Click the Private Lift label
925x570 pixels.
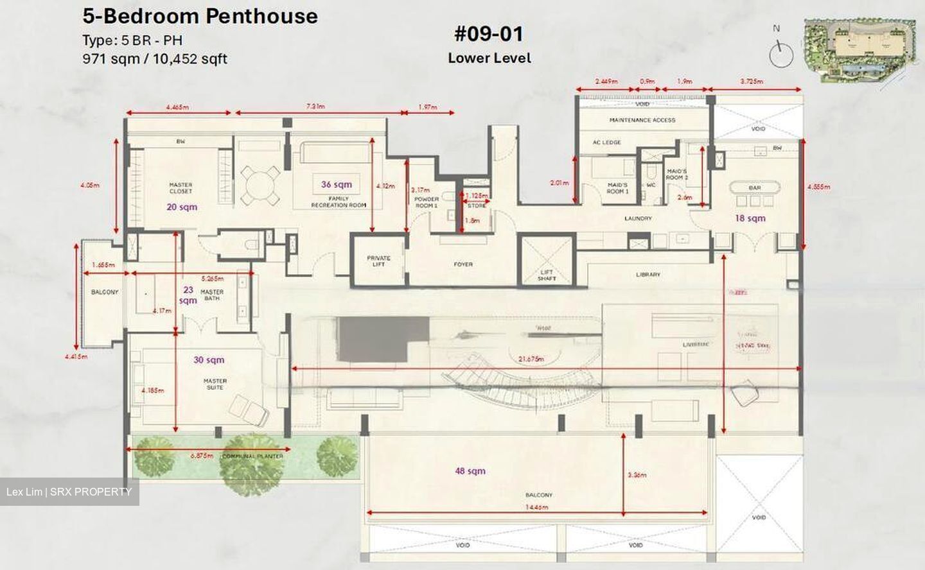(x=378, y=261)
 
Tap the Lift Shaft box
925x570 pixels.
(x=547, y=260)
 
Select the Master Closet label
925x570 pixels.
(x=181, y=188)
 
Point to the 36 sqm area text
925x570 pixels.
(x=337, y=184)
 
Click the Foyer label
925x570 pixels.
(x=463, y=264)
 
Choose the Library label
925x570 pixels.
(x=647, y=274)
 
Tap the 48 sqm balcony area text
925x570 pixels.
(x=470, y=471)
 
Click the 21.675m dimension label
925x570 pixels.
(x=531, y=359)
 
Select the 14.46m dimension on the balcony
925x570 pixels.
(x=536, y=507)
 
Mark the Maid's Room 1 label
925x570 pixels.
(x=617, y=188)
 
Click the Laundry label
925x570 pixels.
(x=638, y=218)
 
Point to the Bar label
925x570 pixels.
(x=754, y=188)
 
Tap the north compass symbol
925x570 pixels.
(x=780, y=51)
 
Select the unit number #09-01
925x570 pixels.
(x=489, y=33)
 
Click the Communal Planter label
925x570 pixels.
(x=252, y=456)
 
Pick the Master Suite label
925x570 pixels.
(x=215, y=384)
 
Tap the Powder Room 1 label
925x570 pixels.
(x=427, y=202)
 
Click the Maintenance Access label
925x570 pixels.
(x=642, y=120)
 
